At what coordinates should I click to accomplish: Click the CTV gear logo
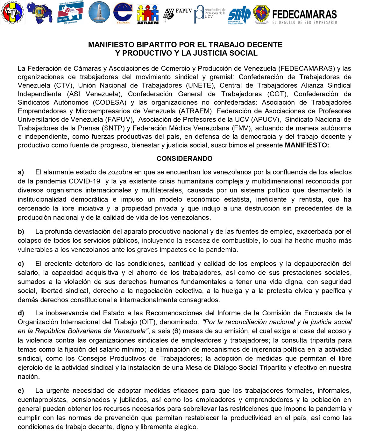click(12, 12)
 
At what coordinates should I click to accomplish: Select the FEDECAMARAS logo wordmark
click(304, 14)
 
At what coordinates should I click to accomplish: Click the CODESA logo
click(123, 13)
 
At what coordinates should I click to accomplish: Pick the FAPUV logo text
click(184, 11)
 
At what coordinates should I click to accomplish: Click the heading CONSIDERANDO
click(184, 159)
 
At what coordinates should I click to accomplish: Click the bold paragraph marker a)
click(21, 172)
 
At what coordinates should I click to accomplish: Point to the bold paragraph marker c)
click(21, 264)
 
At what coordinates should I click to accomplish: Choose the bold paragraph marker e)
click(21, 391)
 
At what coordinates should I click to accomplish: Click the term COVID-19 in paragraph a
click(84, 181)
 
